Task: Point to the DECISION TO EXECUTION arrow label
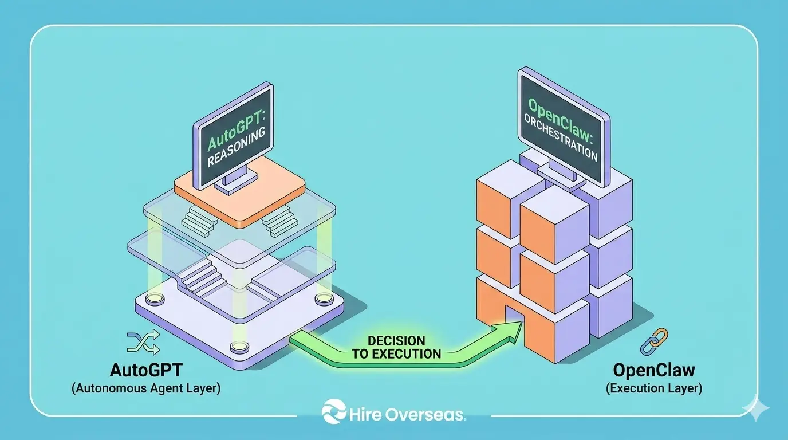[396, 347]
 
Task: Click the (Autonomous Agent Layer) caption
[146, 388]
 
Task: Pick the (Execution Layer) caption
[654, 388]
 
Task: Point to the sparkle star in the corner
[756, 409]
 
